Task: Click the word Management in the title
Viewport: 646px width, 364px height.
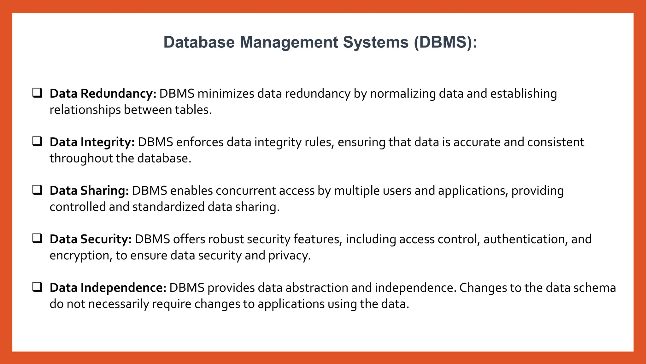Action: [x=289, y=42]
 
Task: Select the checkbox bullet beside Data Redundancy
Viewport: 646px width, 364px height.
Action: [x=38, y=93]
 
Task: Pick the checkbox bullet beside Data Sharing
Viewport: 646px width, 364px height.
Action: [x=38, y=190]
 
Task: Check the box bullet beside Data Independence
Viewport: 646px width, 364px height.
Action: [x=38, y=287]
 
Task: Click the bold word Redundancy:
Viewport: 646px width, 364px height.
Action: [x=119, y=94]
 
